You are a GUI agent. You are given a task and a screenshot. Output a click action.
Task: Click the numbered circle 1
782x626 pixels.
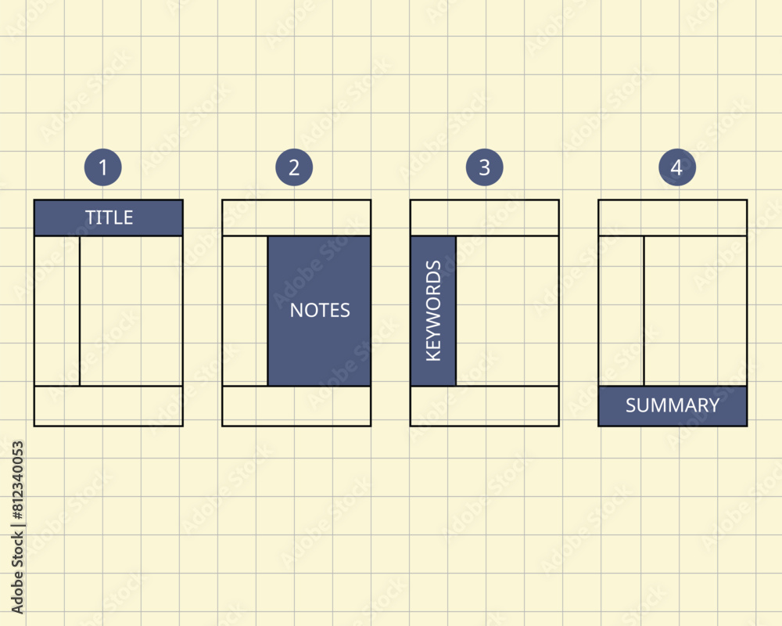[x=103, y=167]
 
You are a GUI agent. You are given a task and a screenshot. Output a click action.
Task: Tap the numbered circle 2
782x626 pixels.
[x=294, y=167]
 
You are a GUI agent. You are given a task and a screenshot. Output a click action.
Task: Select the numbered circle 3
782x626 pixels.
[x=485, y=167]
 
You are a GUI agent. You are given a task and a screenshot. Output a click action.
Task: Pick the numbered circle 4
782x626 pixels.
[x=676, y=167]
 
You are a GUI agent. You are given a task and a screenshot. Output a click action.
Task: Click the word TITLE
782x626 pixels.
[x=109, y=218]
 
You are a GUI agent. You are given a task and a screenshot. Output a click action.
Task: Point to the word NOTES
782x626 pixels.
[x=320, y=310]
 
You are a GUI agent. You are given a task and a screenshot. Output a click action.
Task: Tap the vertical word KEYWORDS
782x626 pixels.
[x=433, y=311]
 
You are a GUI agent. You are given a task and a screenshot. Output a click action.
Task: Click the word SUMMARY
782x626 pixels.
[x=673, y=405]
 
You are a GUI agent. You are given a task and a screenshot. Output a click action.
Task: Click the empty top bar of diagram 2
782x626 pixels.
[x=296, y=218]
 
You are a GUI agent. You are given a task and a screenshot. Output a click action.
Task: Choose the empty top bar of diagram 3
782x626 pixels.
[x=485, y=218]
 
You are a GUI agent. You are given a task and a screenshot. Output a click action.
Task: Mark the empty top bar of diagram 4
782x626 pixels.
[x=673, y=218]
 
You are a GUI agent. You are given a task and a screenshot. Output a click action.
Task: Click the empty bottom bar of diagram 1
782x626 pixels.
[x=109, y=406]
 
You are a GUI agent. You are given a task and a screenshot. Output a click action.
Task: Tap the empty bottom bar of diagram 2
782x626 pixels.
[x=296, y=406]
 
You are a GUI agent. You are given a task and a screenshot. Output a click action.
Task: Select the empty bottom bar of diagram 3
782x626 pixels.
[x=485, y=406]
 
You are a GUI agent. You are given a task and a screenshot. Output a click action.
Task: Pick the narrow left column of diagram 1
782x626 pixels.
[x=57, y=311]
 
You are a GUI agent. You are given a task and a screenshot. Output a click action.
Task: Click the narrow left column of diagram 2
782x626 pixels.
[x=245, y=311]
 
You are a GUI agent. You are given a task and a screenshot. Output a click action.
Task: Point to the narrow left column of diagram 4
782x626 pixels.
[x=621, y=311]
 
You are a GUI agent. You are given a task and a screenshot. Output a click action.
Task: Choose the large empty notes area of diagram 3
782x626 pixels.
[x=508, y=311]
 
